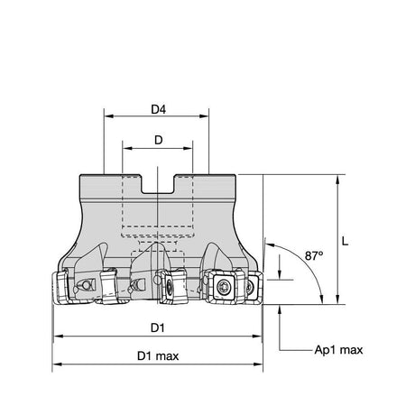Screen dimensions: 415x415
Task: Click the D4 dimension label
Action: pyautogui.click(x=158, y=109)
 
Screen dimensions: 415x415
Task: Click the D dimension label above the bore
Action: pyautogui.click(x=159, y=140)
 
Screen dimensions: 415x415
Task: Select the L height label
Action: pyautogui.click(x=345, y=241)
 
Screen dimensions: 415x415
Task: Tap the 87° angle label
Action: pyautogui.click(x=314, y=255)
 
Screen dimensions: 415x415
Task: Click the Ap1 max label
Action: pyautogui.click(x=338, y=350)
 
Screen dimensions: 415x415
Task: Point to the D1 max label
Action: pyautogui.click(x=158, y=356)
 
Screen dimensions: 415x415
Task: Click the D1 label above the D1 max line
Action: pyautogui.click(x=158, y=327)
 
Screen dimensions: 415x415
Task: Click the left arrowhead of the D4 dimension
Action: pyautogui.click(x=108, y=116)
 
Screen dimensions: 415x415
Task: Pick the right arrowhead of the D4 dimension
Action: pyautogui.click(x=204, y=116)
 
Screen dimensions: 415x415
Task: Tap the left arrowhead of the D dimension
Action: pyautogui.click(x=127, y=148)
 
